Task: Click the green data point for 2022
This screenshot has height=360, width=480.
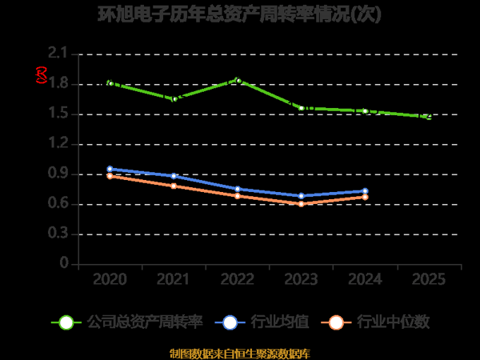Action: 238,80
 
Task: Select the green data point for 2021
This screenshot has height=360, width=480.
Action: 174,98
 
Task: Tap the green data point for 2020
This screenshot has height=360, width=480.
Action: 110,83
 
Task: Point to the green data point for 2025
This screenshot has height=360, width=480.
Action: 429,117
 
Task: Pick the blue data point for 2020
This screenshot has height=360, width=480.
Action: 110,169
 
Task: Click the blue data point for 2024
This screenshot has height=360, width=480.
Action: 365,191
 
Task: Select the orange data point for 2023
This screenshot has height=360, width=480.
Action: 301,204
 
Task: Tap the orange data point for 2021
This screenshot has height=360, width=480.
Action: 174,186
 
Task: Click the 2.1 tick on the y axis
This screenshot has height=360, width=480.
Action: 58,54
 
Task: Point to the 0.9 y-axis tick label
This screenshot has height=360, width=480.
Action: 58,174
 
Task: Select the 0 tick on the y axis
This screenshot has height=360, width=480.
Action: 64,264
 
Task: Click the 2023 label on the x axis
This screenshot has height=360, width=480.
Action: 301,280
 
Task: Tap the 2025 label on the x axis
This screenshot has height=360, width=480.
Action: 429,280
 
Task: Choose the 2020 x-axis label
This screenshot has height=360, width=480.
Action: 110,280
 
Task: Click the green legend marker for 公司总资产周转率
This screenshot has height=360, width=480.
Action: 66,322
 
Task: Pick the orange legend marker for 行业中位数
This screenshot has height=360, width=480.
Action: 336,322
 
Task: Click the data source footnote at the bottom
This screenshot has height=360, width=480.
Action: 240,353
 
